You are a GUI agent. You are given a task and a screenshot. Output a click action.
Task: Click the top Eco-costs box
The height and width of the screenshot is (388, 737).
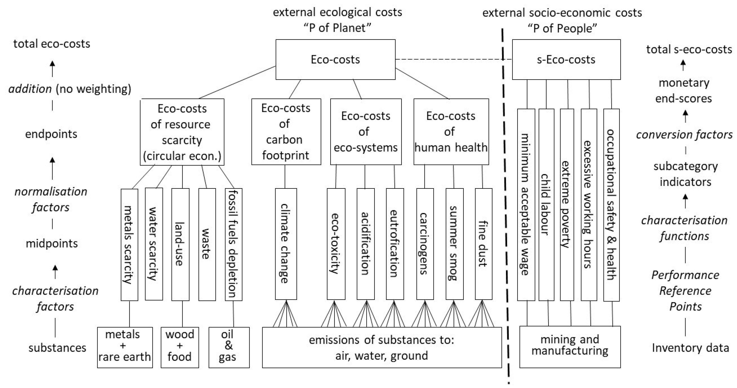(335, 59)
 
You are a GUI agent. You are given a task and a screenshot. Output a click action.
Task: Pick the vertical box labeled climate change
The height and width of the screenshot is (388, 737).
(286, 244)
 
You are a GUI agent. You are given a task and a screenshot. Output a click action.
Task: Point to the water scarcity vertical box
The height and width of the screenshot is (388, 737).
(154, 244)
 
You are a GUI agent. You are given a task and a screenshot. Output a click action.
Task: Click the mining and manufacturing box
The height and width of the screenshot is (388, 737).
(570, 347)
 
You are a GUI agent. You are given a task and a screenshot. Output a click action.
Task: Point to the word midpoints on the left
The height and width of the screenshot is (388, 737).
(52, 243)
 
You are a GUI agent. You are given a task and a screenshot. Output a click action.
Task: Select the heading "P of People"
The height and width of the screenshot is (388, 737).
(562, 28)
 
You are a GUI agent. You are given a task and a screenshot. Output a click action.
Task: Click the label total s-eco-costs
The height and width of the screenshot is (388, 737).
(689, 49)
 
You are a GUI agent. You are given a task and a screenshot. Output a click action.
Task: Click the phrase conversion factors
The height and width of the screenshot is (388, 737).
(684, 134)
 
